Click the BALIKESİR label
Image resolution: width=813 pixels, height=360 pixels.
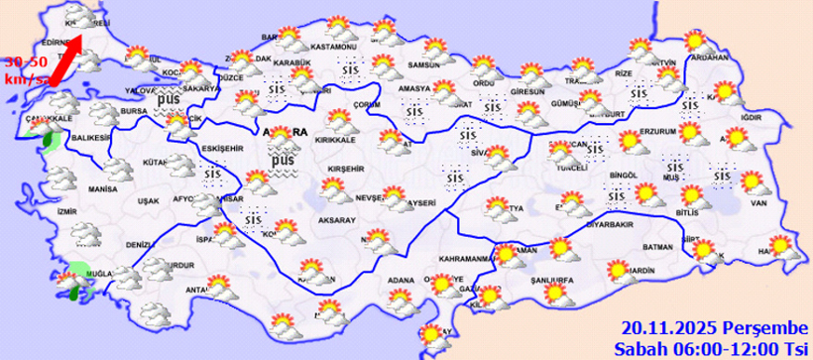pos(87,139)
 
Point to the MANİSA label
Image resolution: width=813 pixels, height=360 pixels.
pos(102,188)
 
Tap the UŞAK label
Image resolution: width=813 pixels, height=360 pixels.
pos(148,201)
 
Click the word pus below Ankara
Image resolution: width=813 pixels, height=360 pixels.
pos(283,160)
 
